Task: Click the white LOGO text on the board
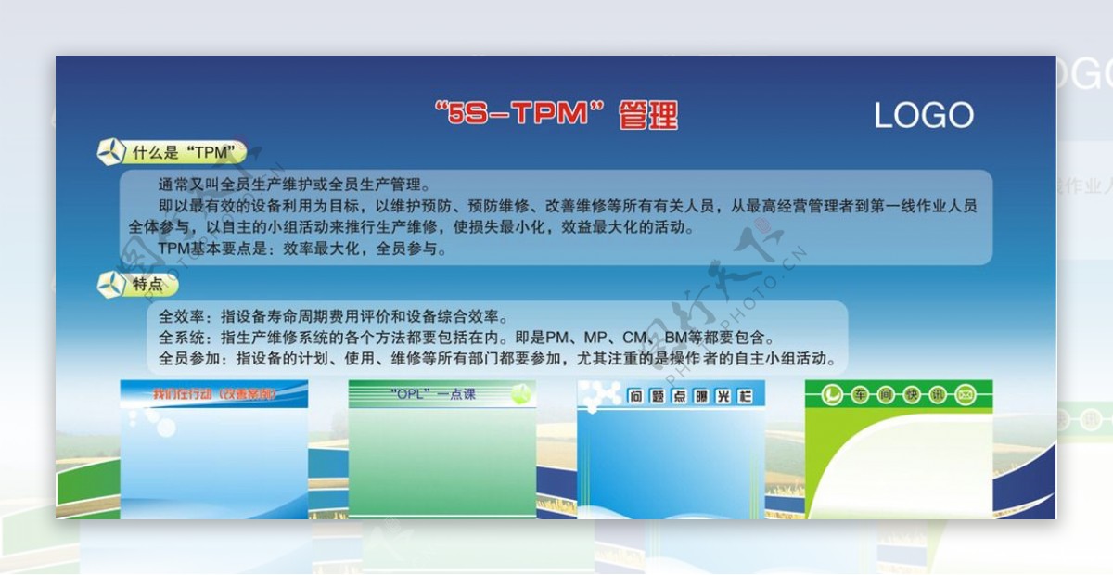(924, 115)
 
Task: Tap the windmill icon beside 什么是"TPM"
(110, 152)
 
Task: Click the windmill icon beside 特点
(110, 285)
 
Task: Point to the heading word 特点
(148, 285)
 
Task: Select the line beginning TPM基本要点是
(302, 249)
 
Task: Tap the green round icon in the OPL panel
(521, 393)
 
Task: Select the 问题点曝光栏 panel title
(690, 397)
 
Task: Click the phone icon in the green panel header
(832, 396)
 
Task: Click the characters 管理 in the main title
(648, 115)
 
